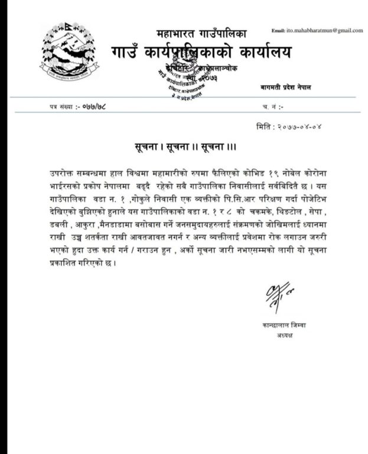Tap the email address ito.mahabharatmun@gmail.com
click(x=317, y=30)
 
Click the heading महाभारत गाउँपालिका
click(x=201, y=34)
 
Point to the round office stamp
click(x=187, y=82)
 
